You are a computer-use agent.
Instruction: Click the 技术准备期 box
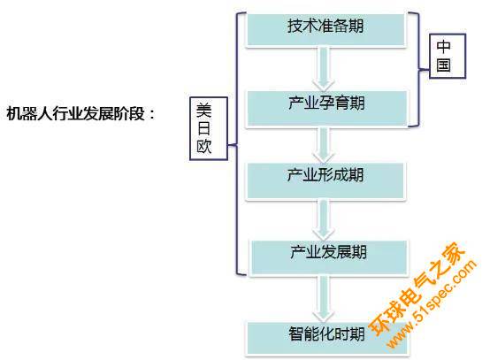[x=325, y=30]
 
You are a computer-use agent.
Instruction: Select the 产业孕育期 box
[x=327, y=109]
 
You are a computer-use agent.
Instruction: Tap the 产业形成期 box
[x=325, y=181]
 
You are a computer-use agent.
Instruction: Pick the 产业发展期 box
[x=328, y=257]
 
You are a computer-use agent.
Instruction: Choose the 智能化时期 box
[x=327, y=339]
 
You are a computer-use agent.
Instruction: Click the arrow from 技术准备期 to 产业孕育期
[x=324, y=69]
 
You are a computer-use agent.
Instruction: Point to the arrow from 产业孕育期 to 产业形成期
[x=324, y=145]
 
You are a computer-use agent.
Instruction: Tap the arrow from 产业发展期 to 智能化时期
[x=324, y=299]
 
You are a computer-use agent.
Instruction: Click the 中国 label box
[x=448, y=56]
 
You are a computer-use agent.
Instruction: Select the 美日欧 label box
[x=209, y=128]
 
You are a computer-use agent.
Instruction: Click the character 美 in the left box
[x=204, y=111]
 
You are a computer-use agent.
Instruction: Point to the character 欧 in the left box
[x=204, y=146]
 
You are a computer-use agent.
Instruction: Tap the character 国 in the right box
[x=444, y=65]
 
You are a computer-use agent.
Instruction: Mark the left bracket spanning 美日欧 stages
[x=237, y=144]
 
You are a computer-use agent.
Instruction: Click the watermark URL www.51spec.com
[x=432, y=303]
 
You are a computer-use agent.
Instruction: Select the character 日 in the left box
[x=203, y=128]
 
